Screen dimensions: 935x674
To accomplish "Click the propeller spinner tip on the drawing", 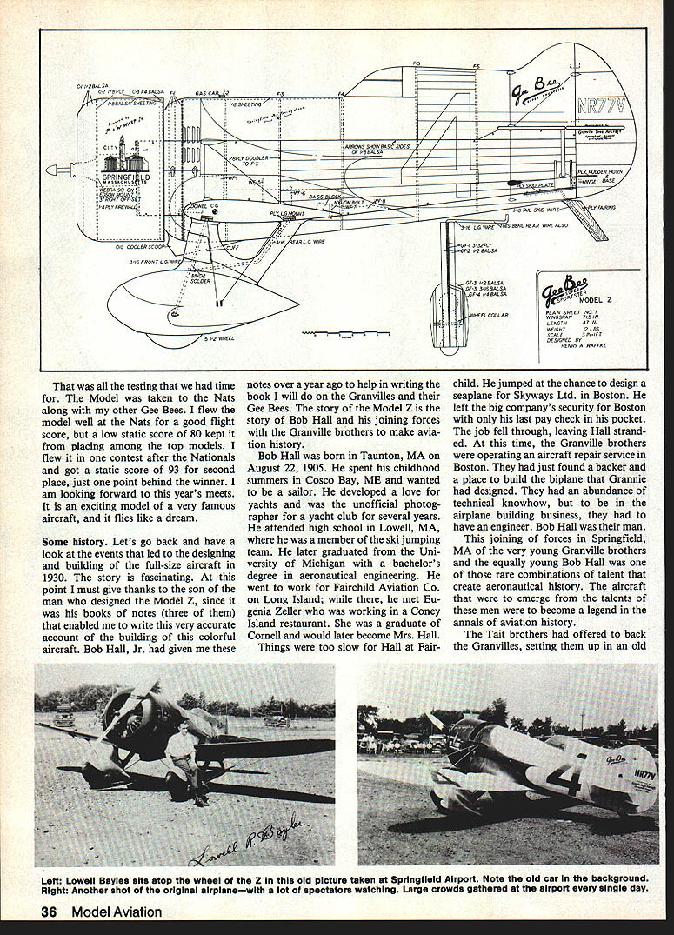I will click(x=50, y=170).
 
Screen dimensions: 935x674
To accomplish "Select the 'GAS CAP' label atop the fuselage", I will click(x=209, y=92).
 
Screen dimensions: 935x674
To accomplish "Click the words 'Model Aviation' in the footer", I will click(x=117, y=912).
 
